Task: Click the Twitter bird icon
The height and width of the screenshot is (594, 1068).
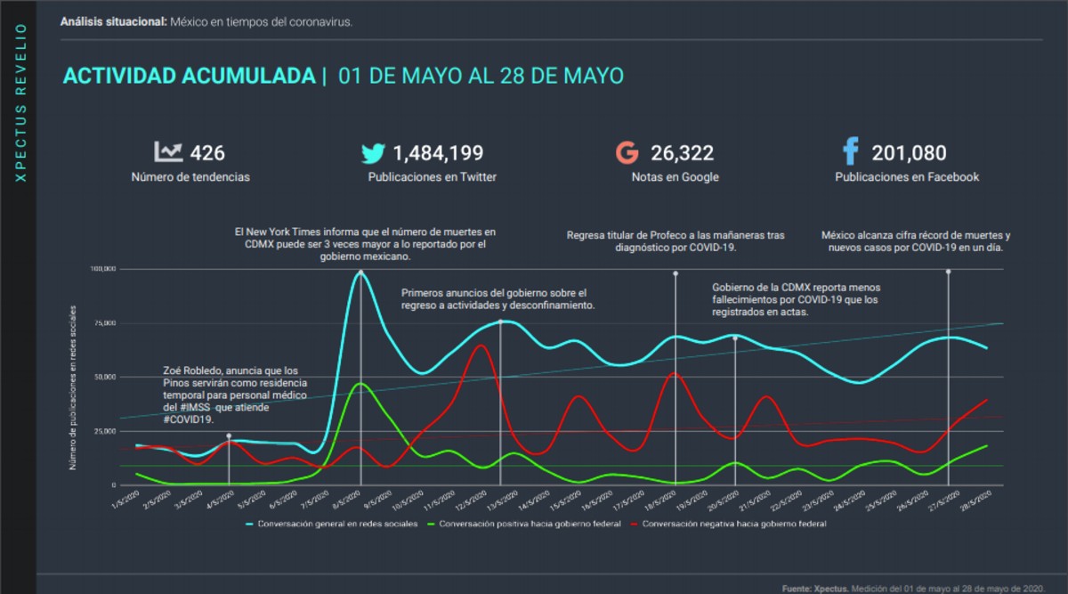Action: point(373,153)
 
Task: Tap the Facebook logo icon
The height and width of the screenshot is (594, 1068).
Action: point(850,152)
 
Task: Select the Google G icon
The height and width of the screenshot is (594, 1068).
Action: point(627,153)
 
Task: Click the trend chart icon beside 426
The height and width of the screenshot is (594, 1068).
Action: point(168,152)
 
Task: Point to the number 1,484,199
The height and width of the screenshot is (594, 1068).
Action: point(438,153)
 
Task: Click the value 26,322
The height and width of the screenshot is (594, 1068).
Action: point(682,153)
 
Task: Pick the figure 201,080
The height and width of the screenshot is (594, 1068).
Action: point(909,153)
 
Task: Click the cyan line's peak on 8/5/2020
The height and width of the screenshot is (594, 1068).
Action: point(360,273)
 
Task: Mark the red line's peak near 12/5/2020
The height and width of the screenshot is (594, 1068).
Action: point(481,345)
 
